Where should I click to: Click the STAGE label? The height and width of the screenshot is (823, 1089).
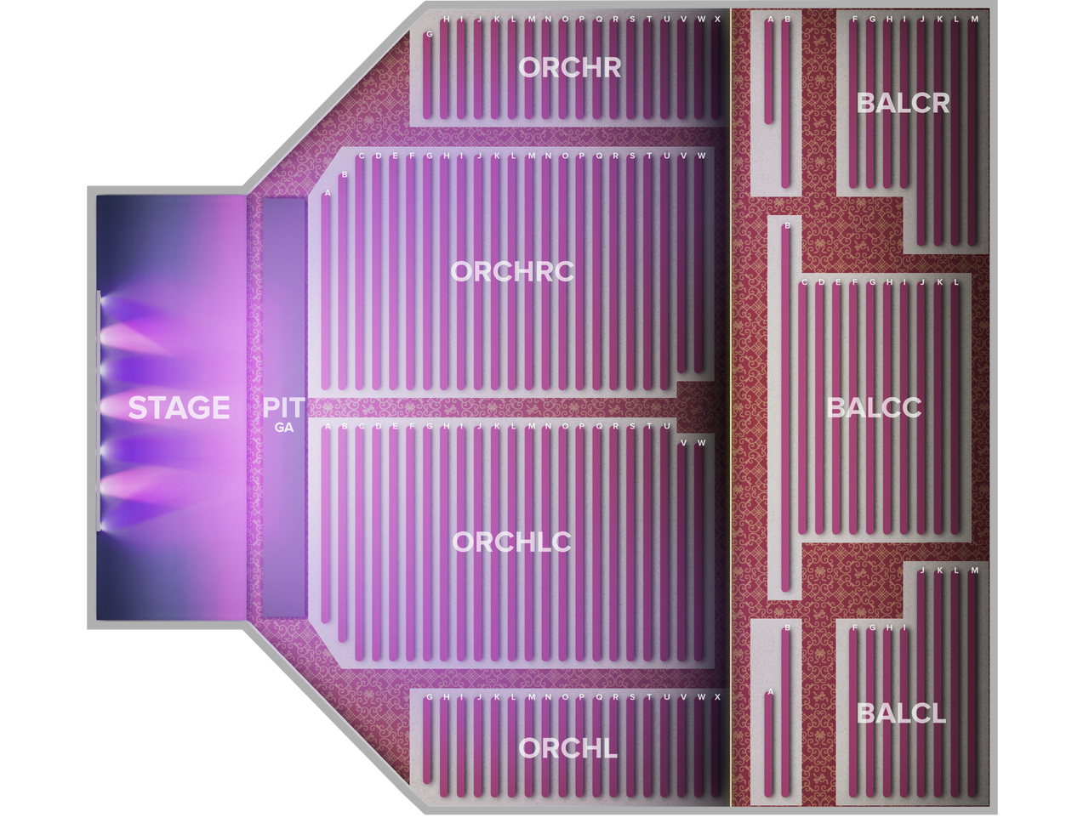point(179,407)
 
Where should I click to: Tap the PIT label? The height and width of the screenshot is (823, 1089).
point(283,407)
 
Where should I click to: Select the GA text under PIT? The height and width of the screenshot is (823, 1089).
point(284,428)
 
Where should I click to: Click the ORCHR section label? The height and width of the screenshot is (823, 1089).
point(569,67)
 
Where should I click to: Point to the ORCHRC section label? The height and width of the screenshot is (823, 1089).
point(512,272)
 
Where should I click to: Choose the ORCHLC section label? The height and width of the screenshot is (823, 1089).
point(511,542)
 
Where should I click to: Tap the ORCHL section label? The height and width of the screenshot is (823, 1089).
point(568,748)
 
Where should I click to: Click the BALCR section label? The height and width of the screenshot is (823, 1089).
point(903,103)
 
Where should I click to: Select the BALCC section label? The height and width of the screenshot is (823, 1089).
point(874,408)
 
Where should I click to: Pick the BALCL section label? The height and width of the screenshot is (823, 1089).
point(901,714)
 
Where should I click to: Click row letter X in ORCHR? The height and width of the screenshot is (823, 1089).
point(717,20)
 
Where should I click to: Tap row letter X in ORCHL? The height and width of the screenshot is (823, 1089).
point(717,696)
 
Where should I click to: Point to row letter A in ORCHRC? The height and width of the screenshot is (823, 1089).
point(327,193)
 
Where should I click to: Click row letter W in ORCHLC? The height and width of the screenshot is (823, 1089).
point(700,443)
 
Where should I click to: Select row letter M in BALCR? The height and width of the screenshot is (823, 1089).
point(974,20)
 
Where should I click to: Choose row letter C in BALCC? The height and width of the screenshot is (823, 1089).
point(804,282)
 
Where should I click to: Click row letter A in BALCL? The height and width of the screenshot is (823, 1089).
point(770,691)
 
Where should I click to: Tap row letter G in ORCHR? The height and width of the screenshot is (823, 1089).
point(429,34)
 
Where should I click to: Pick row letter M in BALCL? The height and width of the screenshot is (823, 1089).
point(974,570)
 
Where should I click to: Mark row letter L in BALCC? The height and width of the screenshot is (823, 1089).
point(956,282)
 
